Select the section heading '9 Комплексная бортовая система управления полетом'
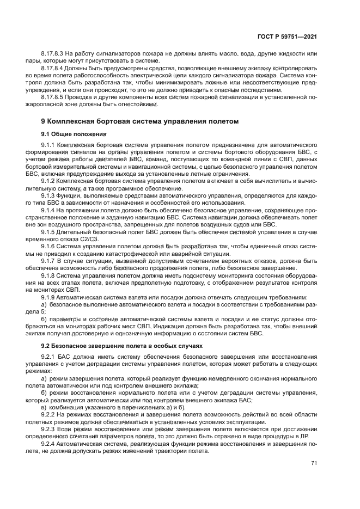pos(140,121)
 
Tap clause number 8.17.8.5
pos(53,97)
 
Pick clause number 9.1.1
pos(48,145)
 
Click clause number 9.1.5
pos(48,232)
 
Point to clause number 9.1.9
pos(48,297)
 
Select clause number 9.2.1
pos(48,357)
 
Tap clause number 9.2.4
pos(48,444)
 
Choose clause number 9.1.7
pos(48,261)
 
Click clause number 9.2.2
pos(48,415)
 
